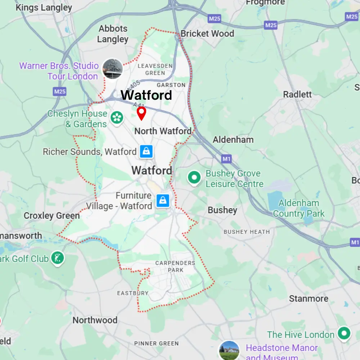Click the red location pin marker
coord(142,113)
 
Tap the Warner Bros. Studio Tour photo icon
coord(112,69)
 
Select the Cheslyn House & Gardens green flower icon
coord(117,118)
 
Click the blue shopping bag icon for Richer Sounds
coord(147,152)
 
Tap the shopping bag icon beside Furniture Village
coord(163,201)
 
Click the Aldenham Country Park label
coord(298,208)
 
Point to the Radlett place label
coord(297,95)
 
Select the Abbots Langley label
coord(113,34)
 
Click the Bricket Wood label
coord(207,34)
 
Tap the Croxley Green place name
coord(51,216)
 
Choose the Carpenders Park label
coord(175,266)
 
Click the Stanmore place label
coord(309,299)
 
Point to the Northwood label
coord(95,320)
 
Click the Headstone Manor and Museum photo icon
coord(229,350)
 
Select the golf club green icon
coord(58,258)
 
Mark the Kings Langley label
coord(44,8)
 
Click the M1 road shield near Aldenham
coord(226,158)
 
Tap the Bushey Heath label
coord(246,232)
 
